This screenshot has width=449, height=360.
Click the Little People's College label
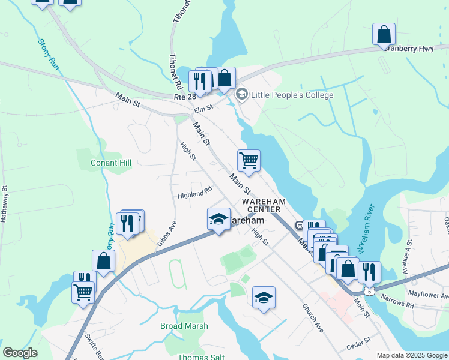click(x=292, y=94)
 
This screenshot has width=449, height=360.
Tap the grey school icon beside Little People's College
click(x=242, y=94)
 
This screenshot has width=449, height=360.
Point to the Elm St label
click(x=203, y=109)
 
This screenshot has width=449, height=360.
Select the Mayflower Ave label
click(x=427, y=295)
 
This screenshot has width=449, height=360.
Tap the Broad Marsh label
click(x=184, y=326)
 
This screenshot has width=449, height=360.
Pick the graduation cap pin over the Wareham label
click(x=219, y=219)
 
